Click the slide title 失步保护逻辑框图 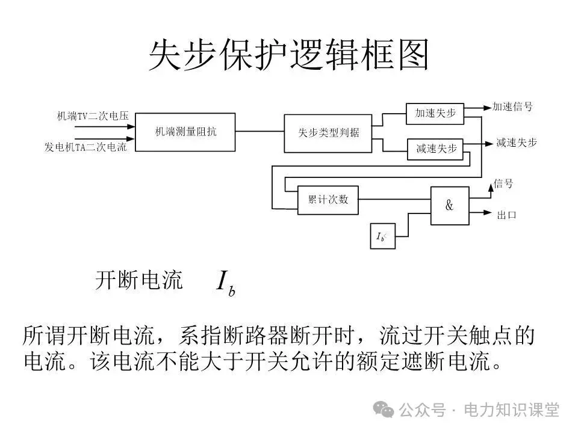288,56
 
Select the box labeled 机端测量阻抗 185,132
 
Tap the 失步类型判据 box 329,132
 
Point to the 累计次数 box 328,200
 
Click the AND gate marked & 449,206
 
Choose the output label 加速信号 512,107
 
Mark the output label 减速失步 516,143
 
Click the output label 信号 503,183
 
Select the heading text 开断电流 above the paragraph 138,280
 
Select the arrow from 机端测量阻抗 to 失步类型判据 259,132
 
